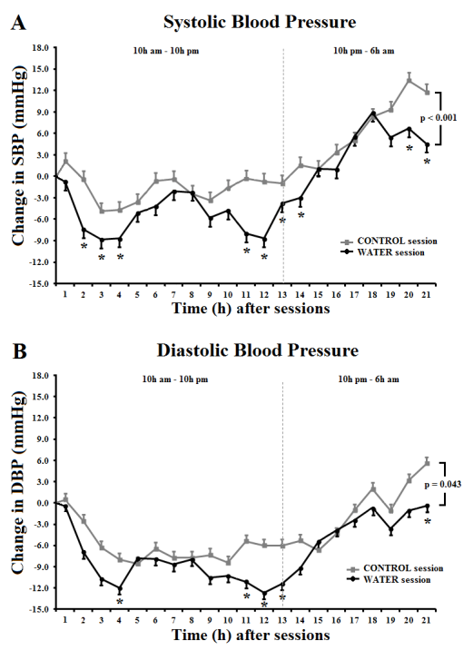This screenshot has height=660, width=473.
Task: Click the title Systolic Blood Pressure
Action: pyautogui.click(x=260, y=22)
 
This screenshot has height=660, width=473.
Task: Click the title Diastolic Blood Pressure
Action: pyautogui.click(x=258, y=350)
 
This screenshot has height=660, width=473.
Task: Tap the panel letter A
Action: pyautogui.click(x=18, y=23)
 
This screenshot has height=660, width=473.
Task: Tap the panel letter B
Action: pyautogui.click(x=19, y=351)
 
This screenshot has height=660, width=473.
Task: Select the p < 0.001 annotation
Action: pyautogui.click(x=439, y=118)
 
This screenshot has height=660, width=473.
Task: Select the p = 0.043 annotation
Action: pyautogui.click(x=443, y=485)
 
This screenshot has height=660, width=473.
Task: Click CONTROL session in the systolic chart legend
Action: pyautogui.click(x=398, y=241)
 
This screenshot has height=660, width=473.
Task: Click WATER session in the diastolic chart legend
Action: pyautogui.click(x=397, y=579)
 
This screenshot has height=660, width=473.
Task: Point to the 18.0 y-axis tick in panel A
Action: pyautogui.click(x=41, y=47)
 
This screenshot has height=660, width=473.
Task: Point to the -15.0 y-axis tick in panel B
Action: pyautogui.click(x=40, y=609)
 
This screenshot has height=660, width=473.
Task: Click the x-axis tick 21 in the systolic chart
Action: pyautogui.click(x=427, y=295)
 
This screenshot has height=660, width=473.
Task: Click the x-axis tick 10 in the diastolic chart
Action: pyautogui.click(x=228, y=620)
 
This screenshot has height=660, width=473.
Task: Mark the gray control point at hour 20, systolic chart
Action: pyautogui.click(x=409, y=80)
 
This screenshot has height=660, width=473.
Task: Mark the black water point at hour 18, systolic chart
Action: pyautogui.click(x=373, y=113)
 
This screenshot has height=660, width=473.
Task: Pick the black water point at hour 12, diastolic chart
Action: pyautogui.click(x=264, y=593)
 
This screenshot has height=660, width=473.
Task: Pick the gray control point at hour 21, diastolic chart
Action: pyautogui.click(x=427, y=463)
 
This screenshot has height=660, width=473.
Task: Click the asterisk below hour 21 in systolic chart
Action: pyautogui.click(x=427, y=162)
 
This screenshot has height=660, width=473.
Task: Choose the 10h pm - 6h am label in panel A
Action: pyautogui.click(x=364, y=51)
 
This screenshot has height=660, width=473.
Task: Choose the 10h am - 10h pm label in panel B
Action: pyautogui.click(x=175, y=379)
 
